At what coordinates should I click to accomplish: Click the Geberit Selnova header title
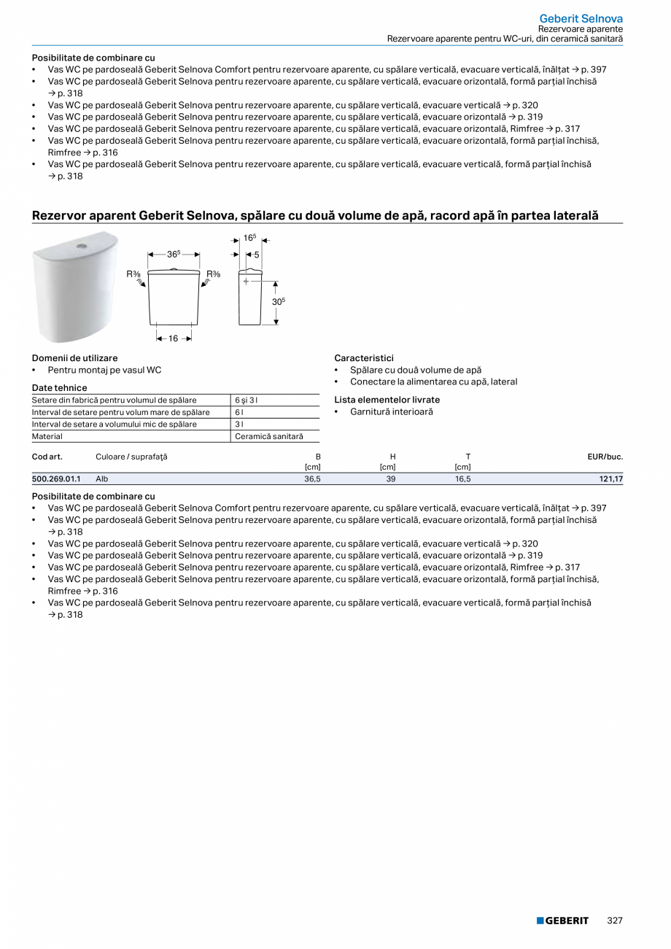[x=581, y=18]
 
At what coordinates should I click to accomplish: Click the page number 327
[x=615, y=921]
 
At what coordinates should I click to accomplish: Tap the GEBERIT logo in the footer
[x=562, y=921]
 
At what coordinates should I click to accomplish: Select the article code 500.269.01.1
[x=56, y=479]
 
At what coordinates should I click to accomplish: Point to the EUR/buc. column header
[x=605, y=457]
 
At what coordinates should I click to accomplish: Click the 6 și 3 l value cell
[x=246, y=400]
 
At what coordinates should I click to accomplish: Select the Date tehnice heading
[x=59, y=388]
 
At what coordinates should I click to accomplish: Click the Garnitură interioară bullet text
[x=391, y=412]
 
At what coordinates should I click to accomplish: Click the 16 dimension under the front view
[x=174, y=338]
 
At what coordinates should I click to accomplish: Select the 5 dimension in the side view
[x=257, y=255]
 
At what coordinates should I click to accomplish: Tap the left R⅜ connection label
[x=133, y=274]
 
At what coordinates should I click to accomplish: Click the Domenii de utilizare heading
[x=74, y=358]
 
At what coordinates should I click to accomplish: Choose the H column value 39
[x=391, y=479]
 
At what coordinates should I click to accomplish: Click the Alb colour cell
[x=102, y=479]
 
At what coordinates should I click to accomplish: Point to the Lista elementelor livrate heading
[x=387, y=400]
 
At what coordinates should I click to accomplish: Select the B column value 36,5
[x=312, y=479]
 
